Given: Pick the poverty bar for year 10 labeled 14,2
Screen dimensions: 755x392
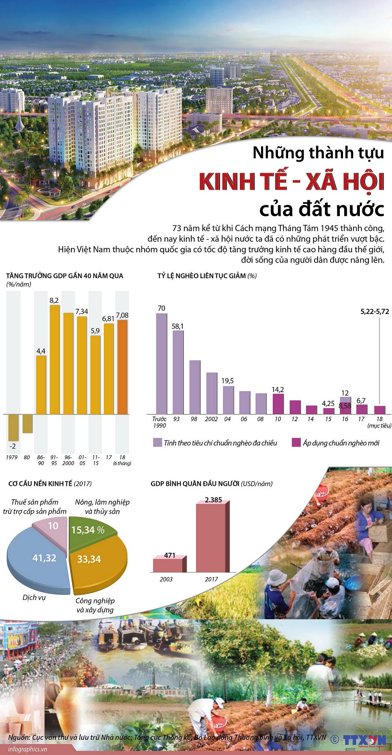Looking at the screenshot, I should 278,404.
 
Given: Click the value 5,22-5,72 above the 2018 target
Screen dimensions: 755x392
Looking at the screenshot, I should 374,311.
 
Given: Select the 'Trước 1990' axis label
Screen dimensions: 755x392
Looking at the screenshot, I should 159,422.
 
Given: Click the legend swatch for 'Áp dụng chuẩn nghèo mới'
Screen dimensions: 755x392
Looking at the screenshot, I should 296,443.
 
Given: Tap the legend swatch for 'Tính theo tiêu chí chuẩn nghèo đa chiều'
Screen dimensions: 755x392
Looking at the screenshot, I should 157,443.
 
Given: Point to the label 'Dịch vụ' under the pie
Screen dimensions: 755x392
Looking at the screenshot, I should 34,597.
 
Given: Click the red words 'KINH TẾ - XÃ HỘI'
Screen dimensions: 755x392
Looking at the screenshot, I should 291,181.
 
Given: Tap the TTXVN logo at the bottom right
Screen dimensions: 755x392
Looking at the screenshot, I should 365,740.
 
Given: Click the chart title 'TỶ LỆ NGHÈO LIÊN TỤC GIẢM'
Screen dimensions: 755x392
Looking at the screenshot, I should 201,276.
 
